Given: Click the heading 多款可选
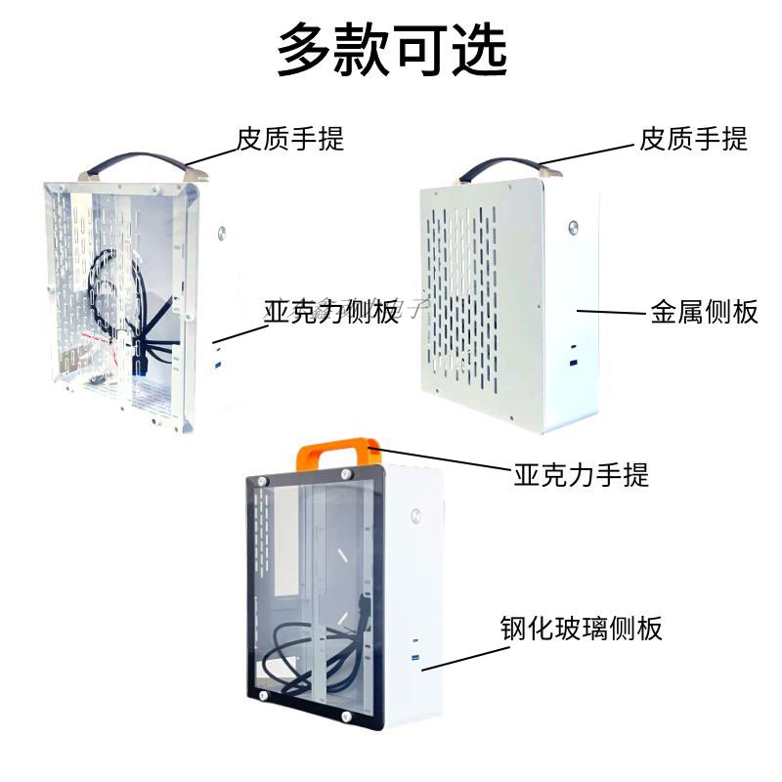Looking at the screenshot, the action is tap(391, 50).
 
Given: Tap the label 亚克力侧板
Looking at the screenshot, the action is tap(330, 313).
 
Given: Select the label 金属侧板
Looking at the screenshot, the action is tap(704, 312).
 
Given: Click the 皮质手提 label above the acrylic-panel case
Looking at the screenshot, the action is tap(290, 139).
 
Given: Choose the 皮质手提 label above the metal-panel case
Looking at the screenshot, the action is tap(693, 139).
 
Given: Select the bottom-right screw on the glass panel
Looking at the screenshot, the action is tap(347, 721).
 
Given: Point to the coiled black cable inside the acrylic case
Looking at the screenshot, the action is tap(122, 293).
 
